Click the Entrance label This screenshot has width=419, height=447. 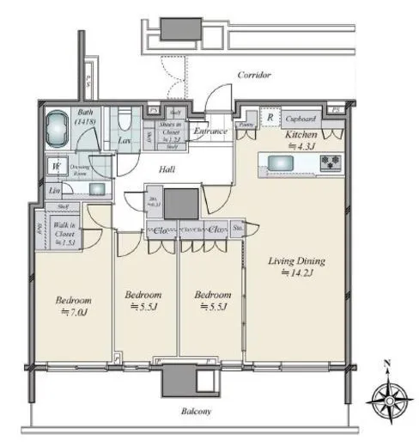click(209, 131)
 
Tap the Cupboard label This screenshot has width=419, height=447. click(301, 119)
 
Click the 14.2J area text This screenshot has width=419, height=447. click(297, 273)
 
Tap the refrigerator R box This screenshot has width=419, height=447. click(270, 119)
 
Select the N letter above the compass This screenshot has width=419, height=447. click(387, 363)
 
